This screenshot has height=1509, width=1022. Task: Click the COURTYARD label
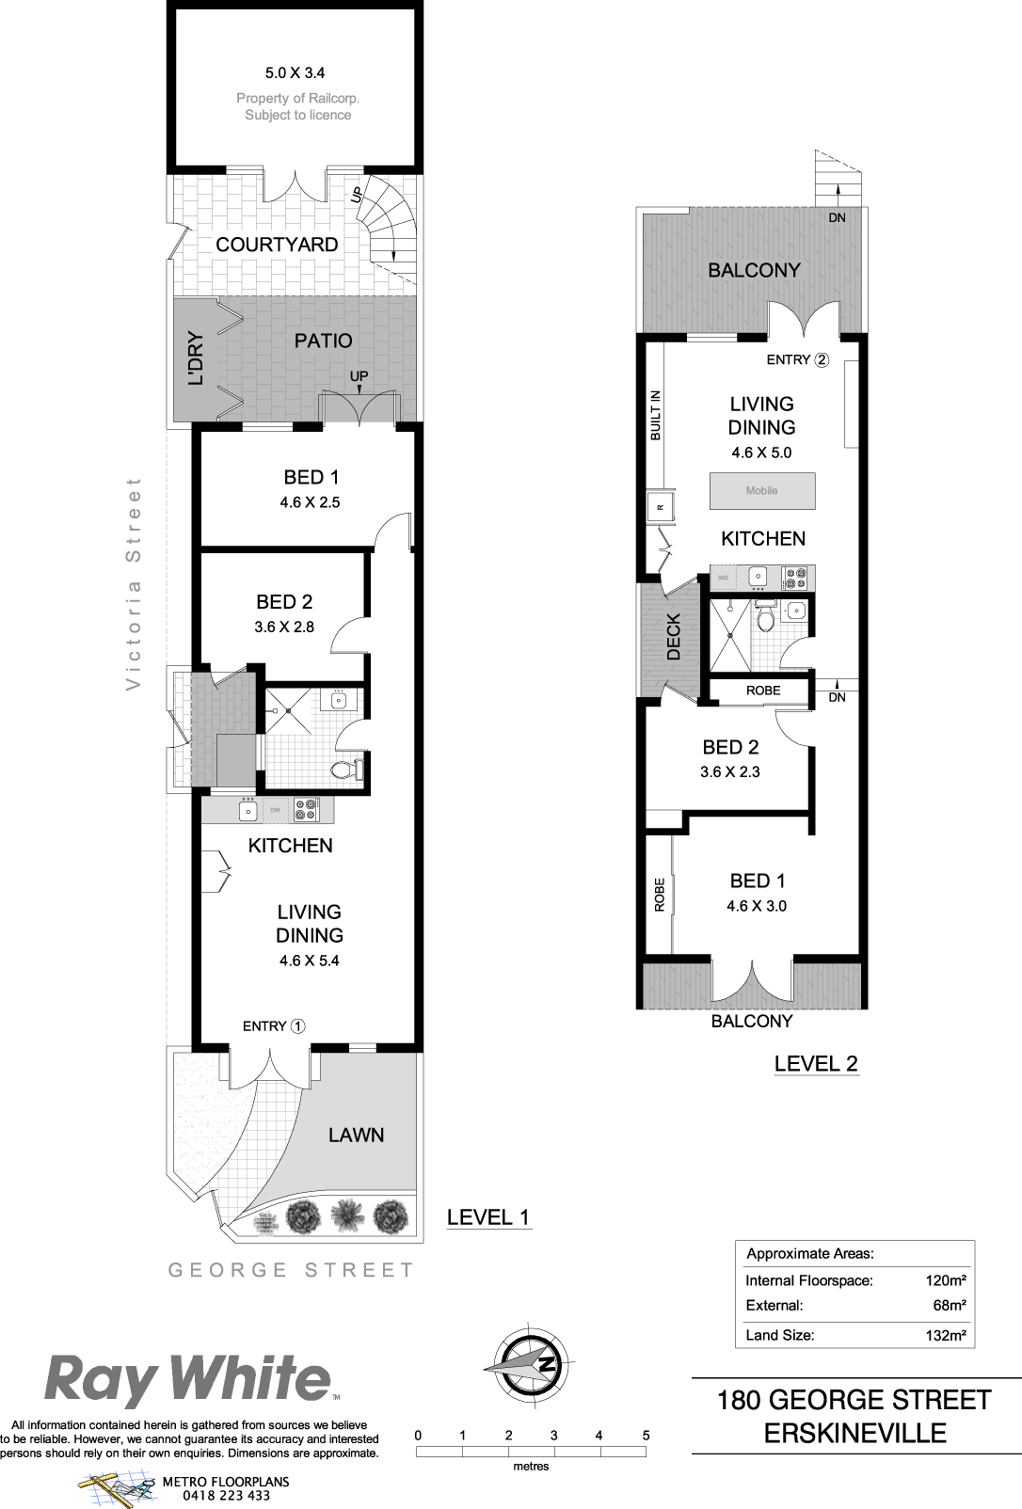[277, 245]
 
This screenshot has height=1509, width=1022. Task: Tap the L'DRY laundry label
[196, 357]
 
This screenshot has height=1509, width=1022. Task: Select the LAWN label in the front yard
[356, 1136]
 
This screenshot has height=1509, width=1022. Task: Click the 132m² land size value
[946, 1335]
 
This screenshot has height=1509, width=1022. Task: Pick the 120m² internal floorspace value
[946, 1280]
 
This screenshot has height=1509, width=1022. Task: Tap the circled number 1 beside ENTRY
[297, 1026]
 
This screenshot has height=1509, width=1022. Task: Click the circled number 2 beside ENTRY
[822, 359]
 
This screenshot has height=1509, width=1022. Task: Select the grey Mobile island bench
[762, 490]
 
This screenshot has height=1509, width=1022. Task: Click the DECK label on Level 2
[674, 636]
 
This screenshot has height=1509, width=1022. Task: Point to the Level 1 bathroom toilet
[348, 769]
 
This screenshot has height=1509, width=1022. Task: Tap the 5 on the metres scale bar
[647, 1435]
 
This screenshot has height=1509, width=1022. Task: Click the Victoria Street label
[133, 583]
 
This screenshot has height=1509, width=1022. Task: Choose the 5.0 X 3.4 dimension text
[295, 72]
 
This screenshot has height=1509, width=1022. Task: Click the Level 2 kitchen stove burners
[797, 578]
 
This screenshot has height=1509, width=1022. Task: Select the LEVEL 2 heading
[816, 1063]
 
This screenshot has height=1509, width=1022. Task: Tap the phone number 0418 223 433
[227, 1495]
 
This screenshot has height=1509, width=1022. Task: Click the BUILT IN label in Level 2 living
[656, 415]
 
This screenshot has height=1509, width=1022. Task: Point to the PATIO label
[324, 341]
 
